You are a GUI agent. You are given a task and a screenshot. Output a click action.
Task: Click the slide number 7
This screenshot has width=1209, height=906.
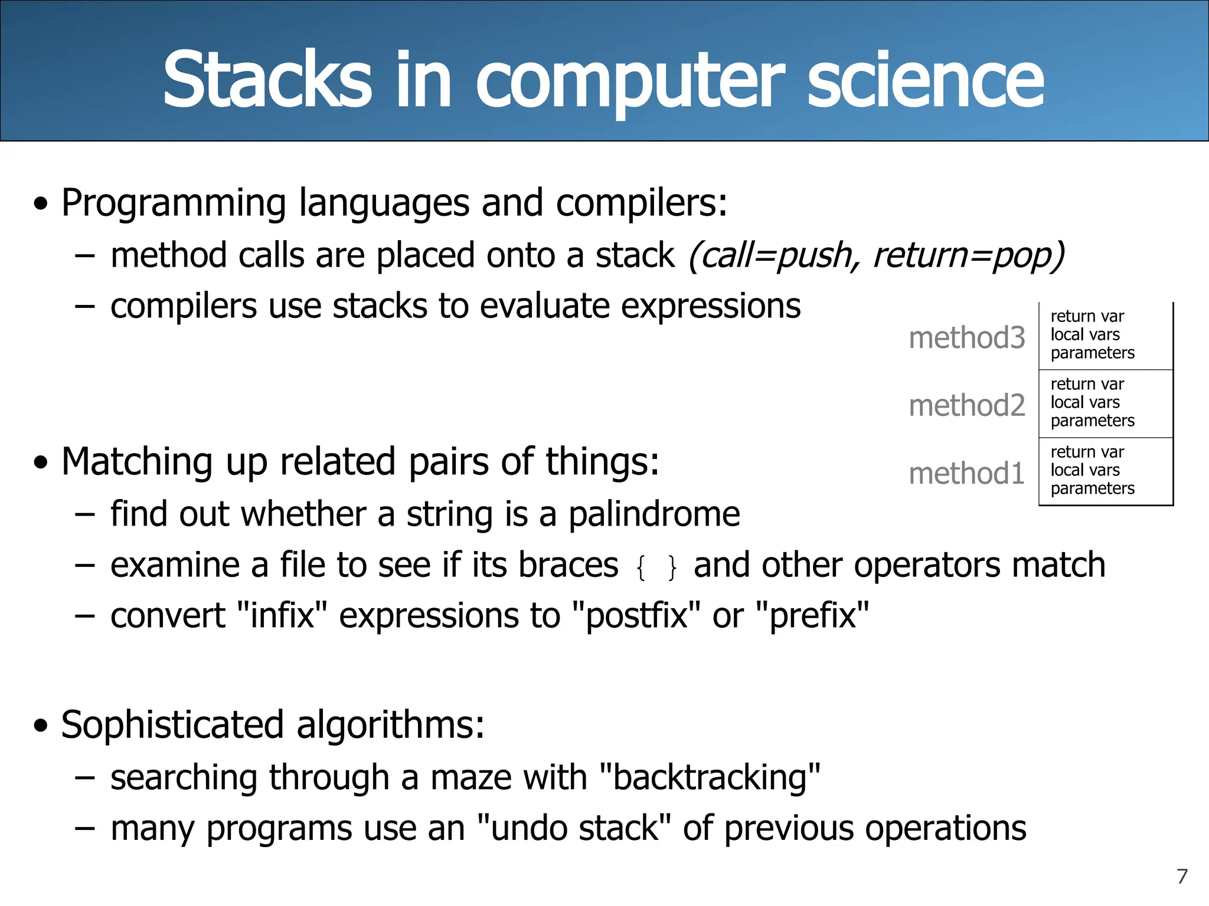coord(1182,877)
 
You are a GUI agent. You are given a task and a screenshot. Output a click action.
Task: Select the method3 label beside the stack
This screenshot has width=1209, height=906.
coord(967,339)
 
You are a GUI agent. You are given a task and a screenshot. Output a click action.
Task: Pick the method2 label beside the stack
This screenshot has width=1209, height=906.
coord(967,406)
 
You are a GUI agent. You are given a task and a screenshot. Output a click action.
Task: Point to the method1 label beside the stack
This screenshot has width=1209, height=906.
coord(967,474)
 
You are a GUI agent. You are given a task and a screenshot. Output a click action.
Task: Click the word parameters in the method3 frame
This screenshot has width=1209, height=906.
coord(1092,353)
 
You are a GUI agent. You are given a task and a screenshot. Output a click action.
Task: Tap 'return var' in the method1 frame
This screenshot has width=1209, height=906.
coord(1087,452)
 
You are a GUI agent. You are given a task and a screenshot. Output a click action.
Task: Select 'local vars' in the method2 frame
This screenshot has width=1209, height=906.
coord(1085,402)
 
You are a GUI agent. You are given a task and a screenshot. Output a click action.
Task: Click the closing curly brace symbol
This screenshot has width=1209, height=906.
coord(672,568)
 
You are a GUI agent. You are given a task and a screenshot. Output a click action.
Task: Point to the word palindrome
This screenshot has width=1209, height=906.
coord(654,514)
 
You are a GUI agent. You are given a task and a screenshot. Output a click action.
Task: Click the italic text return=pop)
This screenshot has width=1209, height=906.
coord(969,256)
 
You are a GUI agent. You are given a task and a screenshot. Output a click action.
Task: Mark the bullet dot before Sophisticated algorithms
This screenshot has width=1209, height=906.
coord(40,726)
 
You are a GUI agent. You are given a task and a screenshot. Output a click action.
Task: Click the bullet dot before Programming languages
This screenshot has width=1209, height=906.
coord(40,204)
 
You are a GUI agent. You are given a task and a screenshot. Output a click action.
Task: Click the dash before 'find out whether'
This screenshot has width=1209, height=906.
coord(85,514)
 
